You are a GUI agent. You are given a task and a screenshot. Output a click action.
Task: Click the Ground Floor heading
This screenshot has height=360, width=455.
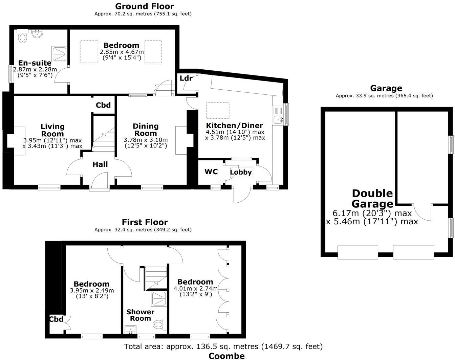145,6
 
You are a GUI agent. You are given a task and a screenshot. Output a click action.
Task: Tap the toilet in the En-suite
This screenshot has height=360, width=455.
22,36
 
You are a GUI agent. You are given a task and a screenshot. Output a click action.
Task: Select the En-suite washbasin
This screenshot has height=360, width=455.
37,34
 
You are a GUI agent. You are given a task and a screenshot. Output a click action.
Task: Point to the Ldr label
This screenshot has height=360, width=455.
186,78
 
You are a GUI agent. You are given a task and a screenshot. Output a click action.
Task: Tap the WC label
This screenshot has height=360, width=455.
211,172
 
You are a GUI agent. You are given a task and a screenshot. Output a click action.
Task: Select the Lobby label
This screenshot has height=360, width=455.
241,172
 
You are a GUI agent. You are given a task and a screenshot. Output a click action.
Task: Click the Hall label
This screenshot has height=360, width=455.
100,164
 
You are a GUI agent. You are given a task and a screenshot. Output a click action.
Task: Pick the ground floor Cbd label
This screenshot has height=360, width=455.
103,105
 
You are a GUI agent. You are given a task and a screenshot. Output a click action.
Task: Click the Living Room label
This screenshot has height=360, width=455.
52,130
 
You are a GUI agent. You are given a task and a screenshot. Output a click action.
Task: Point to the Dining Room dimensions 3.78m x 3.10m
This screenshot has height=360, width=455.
146,140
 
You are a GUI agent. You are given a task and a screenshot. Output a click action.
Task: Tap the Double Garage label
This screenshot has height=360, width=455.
372,199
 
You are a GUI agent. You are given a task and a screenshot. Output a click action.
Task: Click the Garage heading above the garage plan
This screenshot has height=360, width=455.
386,88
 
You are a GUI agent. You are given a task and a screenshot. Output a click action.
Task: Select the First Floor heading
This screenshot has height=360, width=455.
145,222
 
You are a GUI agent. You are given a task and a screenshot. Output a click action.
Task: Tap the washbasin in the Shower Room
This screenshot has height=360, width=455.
130,329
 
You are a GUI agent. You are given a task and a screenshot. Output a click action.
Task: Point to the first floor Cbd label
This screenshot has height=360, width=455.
56,319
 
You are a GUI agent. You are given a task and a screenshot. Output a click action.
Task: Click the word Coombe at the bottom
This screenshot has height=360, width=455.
226,356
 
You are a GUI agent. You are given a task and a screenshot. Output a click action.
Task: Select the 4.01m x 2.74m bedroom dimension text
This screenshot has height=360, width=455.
195,289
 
